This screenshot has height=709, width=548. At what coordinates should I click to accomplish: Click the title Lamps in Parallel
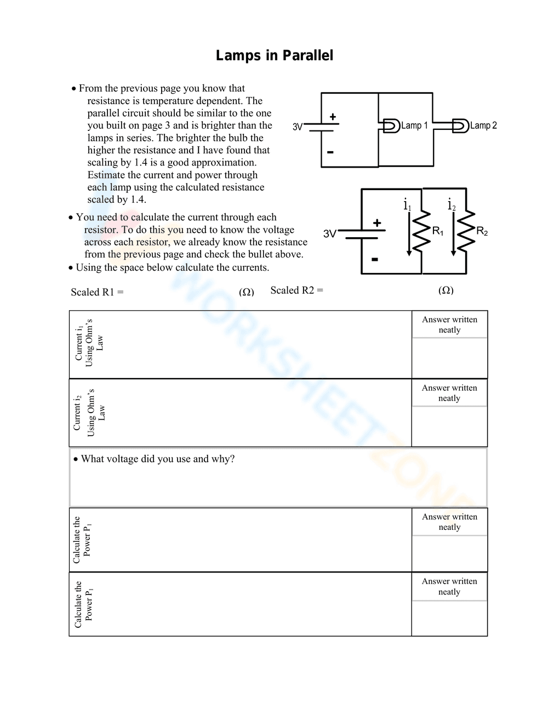274,55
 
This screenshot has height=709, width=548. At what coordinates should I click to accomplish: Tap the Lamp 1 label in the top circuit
414,125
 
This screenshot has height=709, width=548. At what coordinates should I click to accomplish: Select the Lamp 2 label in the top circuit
483,125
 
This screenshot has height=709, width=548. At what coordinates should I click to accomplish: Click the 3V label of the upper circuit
297,127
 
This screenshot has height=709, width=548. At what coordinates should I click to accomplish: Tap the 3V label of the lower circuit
329,234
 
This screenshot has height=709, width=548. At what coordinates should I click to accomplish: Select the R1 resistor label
437,231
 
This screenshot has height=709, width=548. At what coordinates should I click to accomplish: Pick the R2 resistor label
482,231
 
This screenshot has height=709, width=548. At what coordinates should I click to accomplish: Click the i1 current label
407,205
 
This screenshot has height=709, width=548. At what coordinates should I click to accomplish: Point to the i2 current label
452,205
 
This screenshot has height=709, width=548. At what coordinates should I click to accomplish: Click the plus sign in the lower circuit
377,222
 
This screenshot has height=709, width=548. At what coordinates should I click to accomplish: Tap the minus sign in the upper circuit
330,152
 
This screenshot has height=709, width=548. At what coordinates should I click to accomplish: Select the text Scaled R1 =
97,292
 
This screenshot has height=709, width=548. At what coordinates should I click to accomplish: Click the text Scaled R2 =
296,290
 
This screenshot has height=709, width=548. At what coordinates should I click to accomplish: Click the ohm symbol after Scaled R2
446,290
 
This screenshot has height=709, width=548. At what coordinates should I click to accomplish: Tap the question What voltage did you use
157,459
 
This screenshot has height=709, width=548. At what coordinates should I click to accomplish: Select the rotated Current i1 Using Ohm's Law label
89,343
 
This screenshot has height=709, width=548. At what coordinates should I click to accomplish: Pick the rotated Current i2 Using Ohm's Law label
89,413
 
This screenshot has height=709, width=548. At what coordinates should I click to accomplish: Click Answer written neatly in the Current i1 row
449,324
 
